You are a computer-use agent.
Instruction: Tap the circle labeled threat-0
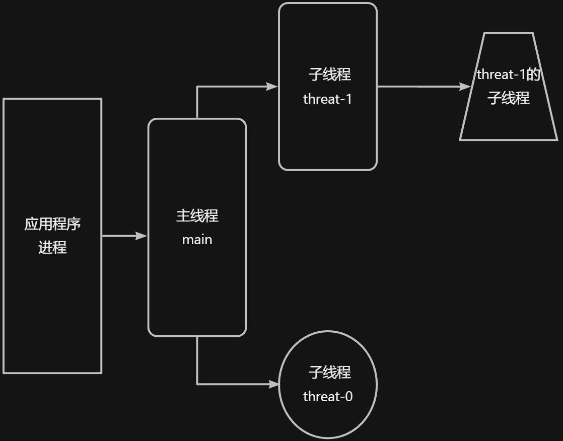pyautogui.click(x=328, y=418)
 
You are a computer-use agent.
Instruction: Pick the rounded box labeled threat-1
pyautogui.click(x=328, y=136)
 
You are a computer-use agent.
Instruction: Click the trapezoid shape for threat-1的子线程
pyautogui.click(x=509, y=123)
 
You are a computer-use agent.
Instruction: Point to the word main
pyautogui.click(x=197, y=240)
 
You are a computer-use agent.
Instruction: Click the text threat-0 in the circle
pyautogui.click(x=328, y=397)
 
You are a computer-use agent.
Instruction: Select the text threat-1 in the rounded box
pyautogui.click(x=328, y=99)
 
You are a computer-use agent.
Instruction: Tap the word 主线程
pyautogui.click(x=197, y=216)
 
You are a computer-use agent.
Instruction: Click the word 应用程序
pyautogui.click(x=52, y=224)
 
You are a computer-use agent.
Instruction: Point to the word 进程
pyautogui.click(x=52, y=248)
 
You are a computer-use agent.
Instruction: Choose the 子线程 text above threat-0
pyautogui.click(x=329, y=373)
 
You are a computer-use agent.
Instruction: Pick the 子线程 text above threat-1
pyautogui.click(x=329, y=75)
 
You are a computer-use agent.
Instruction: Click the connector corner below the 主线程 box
pyautogui.click(x=197, y=384)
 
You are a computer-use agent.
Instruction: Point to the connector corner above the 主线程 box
pyautogui.click(x=197, y=87)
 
